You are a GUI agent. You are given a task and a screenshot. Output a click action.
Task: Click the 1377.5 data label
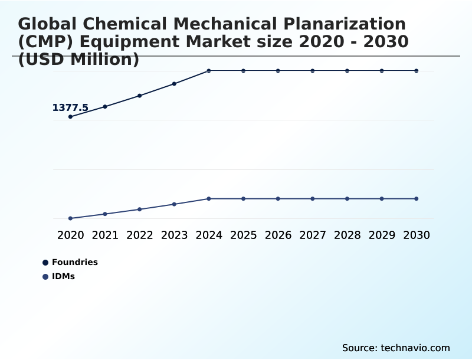click(70, 107)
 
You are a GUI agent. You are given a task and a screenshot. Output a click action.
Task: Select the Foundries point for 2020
click(70, 117)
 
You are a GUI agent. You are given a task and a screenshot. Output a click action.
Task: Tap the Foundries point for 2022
click(140, 96)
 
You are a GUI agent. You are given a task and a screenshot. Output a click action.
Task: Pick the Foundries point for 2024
click(209, 71)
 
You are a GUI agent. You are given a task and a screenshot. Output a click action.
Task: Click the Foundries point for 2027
click(313, 71)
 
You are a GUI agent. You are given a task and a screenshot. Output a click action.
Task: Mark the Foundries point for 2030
click(417, 71)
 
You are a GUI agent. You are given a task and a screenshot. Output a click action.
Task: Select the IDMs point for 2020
click(70, 218)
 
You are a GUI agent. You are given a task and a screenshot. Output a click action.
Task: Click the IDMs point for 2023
click(174, 204)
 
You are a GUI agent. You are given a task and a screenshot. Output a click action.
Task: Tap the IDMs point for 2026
click(278, 199)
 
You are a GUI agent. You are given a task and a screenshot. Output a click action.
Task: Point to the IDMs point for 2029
click(382, 199)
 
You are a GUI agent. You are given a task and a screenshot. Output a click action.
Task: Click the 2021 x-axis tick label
click(105, 235)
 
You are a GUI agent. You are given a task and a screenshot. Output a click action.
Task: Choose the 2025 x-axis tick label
click(243, 235)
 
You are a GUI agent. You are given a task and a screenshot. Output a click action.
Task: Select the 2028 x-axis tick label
click(347, 235)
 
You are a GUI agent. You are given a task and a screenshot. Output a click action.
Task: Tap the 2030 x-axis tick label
click(417, 235)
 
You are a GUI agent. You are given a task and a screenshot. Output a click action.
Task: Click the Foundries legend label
click(75, 262)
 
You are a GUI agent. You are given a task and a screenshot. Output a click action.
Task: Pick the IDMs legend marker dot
click(45, 277)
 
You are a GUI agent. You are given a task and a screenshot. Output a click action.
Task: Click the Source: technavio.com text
click(396, 348)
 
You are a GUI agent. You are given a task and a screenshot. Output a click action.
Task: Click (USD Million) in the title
click(78, 60)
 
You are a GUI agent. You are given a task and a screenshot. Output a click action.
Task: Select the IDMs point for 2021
click(105, 214)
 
